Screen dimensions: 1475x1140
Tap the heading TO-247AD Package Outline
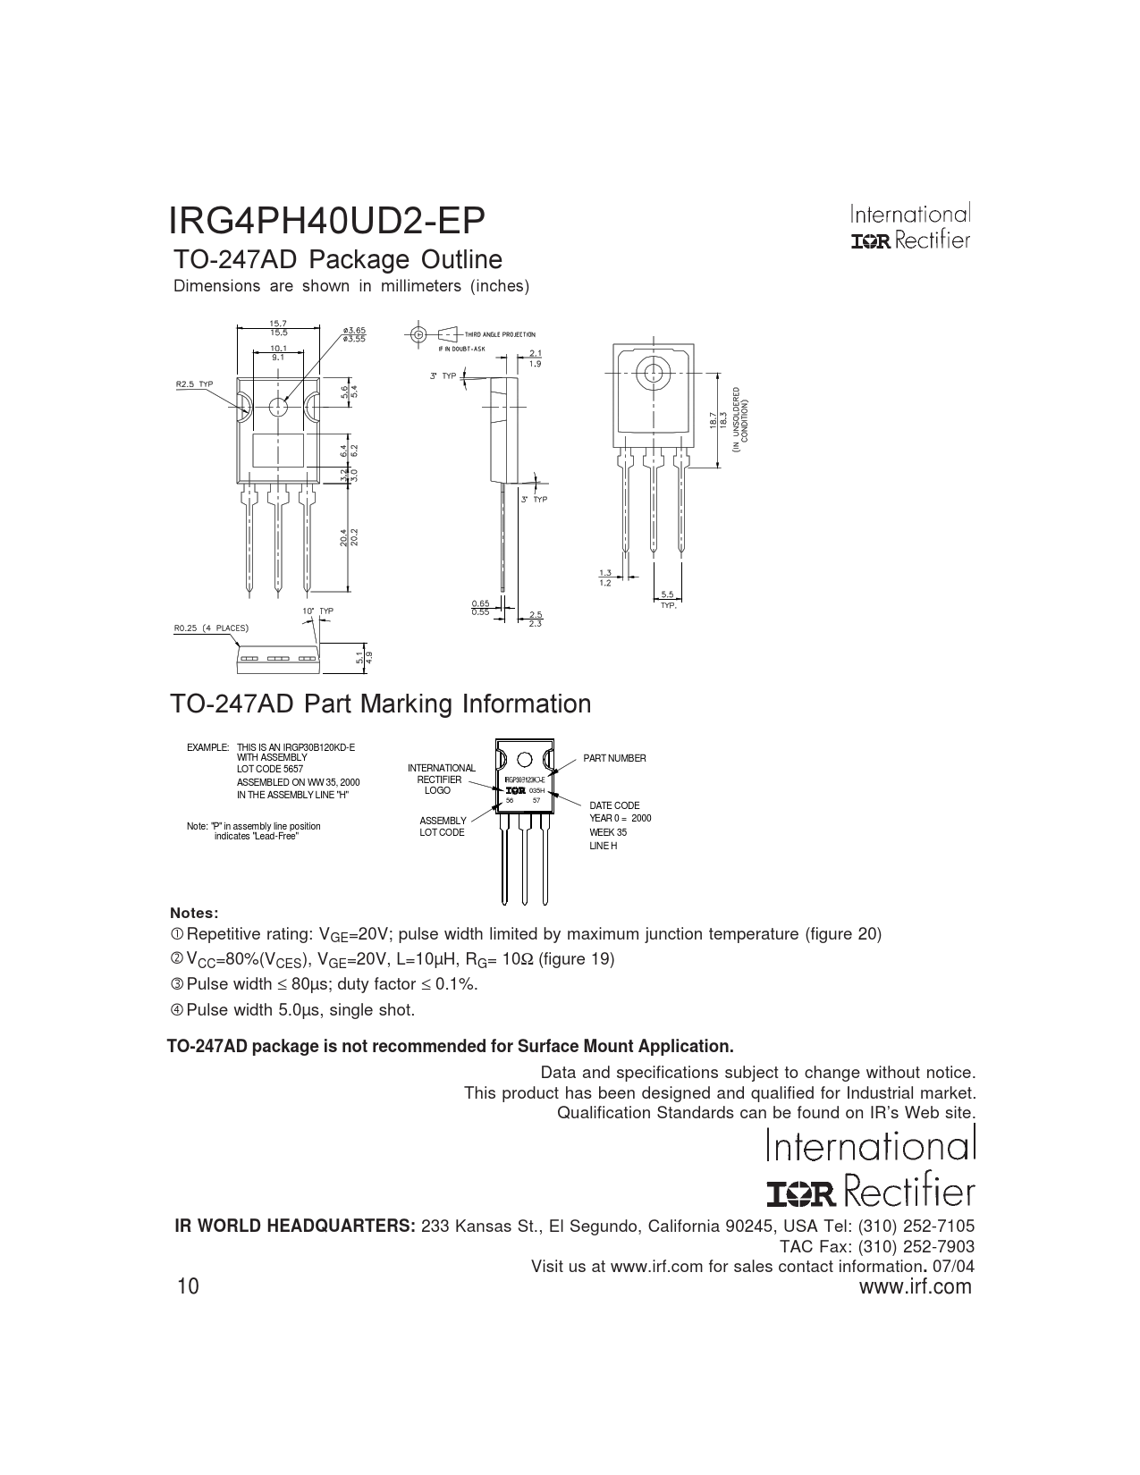[337, 260]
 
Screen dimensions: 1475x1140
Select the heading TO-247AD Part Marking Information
[380, 704]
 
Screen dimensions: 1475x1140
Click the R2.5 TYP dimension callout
[194, 383]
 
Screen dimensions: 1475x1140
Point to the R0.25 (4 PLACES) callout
[210, 628]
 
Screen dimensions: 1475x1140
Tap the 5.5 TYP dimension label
[668, 597]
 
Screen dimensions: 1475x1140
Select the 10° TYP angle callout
[317, 611]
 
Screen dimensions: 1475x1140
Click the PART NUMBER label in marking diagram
[614, 758]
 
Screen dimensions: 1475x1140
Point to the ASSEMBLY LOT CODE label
[443, 826]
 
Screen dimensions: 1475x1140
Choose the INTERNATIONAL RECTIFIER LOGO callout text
[441, 779]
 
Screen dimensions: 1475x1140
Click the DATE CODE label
[614, 805]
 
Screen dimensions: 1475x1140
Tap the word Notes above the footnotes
[194, 913]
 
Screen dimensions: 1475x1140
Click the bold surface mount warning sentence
[451, 1046]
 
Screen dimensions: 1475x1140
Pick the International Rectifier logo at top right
[910, 227]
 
